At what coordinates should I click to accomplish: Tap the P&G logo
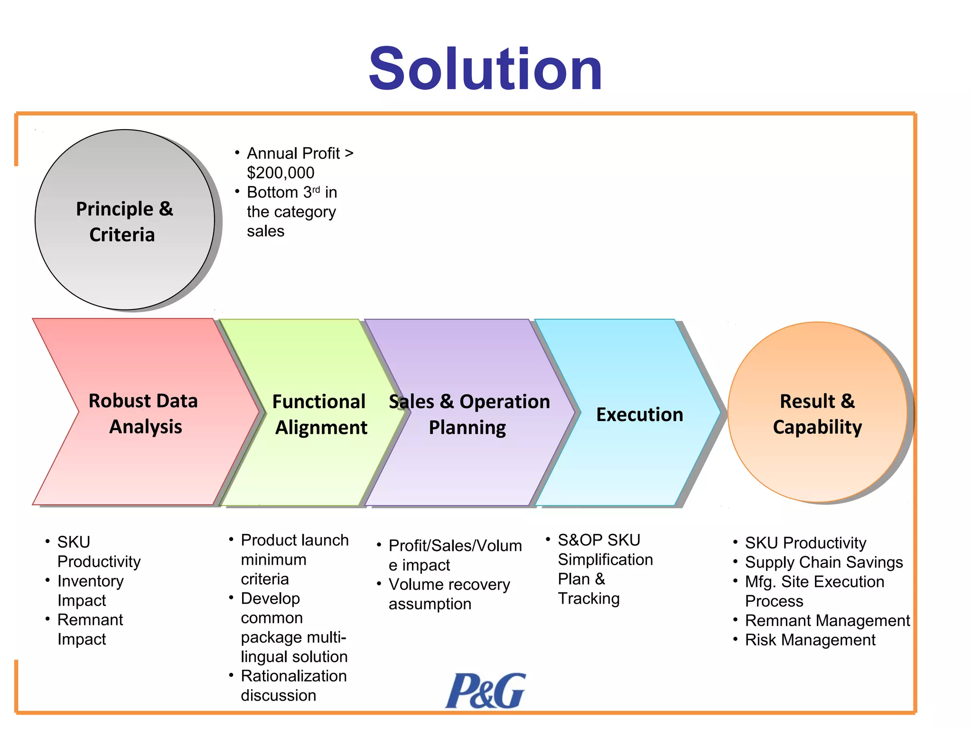(485, 691)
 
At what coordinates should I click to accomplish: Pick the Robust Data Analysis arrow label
(143, 413)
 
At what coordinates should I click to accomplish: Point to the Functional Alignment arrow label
(320, 414)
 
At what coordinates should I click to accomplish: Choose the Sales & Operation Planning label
(468, 414)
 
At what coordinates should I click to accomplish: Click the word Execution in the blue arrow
(639, 414)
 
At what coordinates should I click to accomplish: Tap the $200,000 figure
(280, 173)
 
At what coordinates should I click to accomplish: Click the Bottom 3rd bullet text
(291, 211)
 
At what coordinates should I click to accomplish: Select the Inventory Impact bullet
(90, 590)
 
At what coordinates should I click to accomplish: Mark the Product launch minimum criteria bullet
(294, 559)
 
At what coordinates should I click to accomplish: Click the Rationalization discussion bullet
(293, 685)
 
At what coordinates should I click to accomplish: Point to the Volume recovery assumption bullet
(449, 594)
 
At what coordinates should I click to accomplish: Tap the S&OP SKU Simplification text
(605, 550)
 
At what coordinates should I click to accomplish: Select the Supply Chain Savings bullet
(823, 562)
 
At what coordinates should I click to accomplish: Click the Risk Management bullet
(810, 640)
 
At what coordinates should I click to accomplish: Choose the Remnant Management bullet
(827, 620)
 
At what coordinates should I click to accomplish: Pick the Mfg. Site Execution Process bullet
(814, 591)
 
